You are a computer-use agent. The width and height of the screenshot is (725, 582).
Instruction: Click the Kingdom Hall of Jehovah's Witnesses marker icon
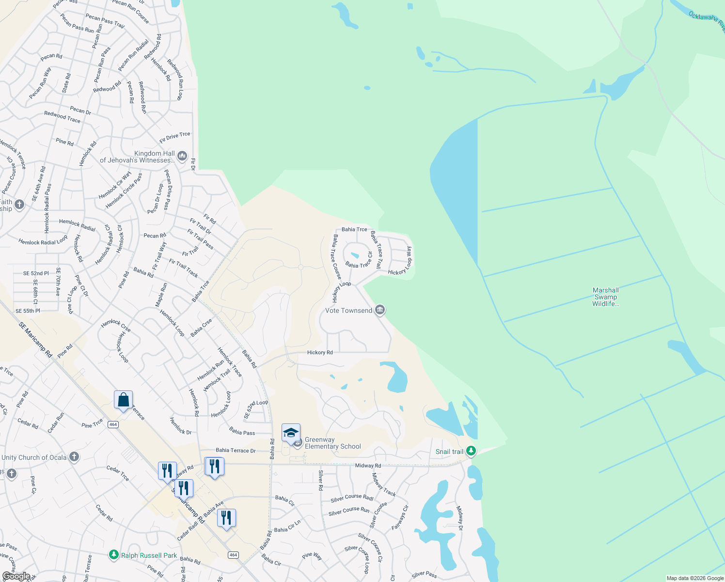(182, 156)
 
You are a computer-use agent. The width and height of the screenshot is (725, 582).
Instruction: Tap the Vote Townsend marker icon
(380, 310)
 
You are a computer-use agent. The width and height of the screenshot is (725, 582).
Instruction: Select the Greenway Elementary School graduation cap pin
(291, 433)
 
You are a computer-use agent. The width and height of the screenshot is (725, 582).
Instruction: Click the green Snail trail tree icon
(470, 451)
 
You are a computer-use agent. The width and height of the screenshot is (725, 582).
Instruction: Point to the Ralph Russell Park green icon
(114, 555)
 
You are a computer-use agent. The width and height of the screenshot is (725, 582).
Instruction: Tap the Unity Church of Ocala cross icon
(74, 457)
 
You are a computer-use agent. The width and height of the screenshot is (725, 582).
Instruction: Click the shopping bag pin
(124, 400)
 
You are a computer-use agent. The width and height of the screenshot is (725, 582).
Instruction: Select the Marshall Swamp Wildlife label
(605, 297)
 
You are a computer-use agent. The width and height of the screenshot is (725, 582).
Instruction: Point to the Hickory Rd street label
(320, 353)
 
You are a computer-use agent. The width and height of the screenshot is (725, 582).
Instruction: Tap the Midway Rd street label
(368, 466)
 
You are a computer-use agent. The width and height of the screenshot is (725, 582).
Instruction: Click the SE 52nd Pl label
(36, 274)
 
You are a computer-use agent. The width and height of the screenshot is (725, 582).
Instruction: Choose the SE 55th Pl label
(28, 311)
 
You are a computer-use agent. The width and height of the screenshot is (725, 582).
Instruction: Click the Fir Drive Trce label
(174, 137)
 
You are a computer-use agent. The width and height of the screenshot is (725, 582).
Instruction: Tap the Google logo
(16, 576)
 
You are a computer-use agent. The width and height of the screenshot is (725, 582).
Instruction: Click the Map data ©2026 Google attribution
(695, 578)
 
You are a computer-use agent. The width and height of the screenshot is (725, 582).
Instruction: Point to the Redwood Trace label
(62, 116)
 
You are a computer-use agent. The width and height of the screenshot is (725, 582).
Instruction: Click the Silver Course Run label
(349, 511)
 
